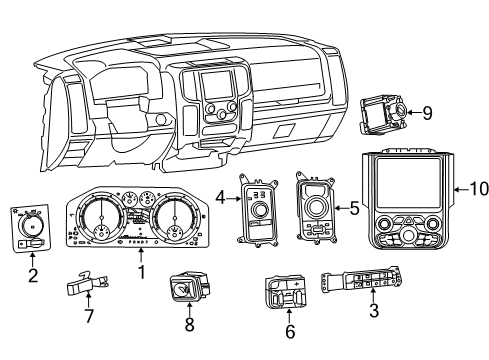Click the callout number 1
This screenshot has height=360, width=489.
(x=140, y=271)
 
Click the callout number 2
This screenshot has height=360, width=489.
(x=32, y=275)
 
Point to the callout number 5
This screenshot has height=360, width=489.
(x=352, y=208)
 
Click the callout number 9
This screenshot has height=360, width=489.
(x=428, y=114)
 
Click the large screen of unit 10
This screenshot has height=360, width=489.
(x=412, y=179)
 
